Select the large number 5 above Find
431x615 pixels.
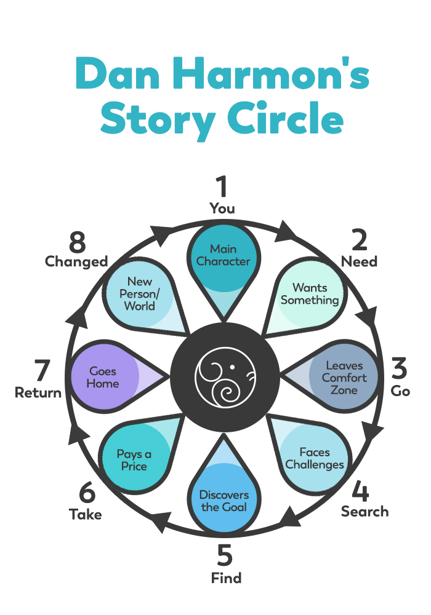pos(225,556)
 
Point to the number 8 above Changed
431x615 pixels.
pos(78,243)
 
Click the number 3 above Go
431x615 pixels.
pos(400,368)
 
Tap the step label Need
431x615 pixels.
pos(360,261)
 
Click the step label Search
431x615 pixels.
pos(365,512)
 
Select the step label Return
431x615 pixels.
pos(38,392)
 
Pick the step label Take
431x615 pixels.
pos(86,515)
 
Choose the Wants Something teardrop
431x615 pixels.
pos(308,293)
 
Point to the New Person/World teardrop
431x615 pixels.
pos(140,294)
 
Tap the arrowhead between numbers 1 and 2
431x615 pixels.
pos(285,233)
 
